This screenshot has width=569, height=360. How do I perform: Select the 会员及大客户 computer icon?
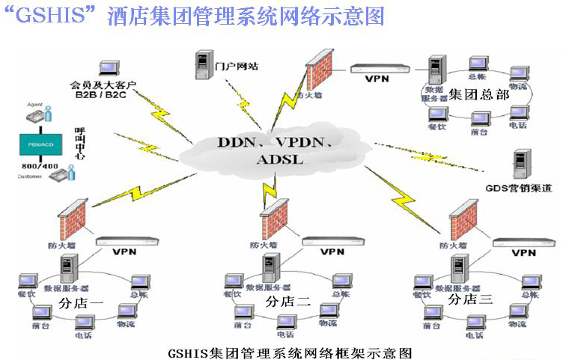coord(107,69)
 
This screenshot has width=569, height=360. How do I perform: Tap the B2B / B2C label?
coord(100,95)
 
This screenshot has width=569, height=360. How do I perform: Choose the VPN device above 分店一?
coord(126,242)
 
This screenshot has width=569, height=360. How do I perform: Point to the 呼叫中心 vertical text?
coord(79,144)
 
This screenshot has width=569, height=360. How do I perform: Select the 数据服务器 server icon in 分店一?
coord(70,266)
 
